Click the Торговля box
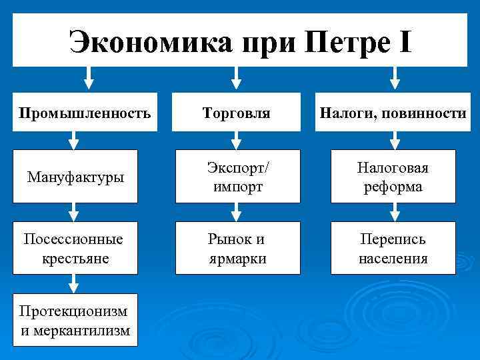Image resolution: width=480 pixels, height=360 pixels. point(237,112)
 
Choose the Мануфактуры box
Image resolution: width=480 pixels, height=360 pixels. point(75,177)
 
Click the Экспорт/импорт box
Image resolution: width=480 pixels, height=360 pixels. point(237,177)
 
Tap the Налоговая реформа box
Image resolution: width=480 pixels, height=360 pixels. point(393,177)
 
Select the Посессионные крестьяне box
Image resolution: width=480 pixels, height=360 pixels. point(75,248)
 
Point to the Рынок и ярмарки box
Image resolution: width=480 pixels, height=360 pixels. point(237,248)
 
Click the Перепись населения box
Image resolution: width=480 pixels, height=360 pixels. point(393,248)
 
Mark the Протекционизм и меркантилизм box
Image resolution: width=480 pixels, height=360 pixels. point(75,321)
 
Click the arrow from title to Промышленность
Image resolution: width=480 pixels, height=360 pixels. point(89,78)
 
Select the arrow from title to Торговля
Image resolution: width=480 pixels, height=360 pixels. point(235,78)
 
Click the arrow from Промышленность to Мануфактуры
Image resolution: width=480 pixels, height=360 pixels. point(74,140)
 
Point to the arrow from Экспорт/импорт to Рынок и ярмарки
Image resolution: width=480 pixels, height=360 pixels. point(235,212)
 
